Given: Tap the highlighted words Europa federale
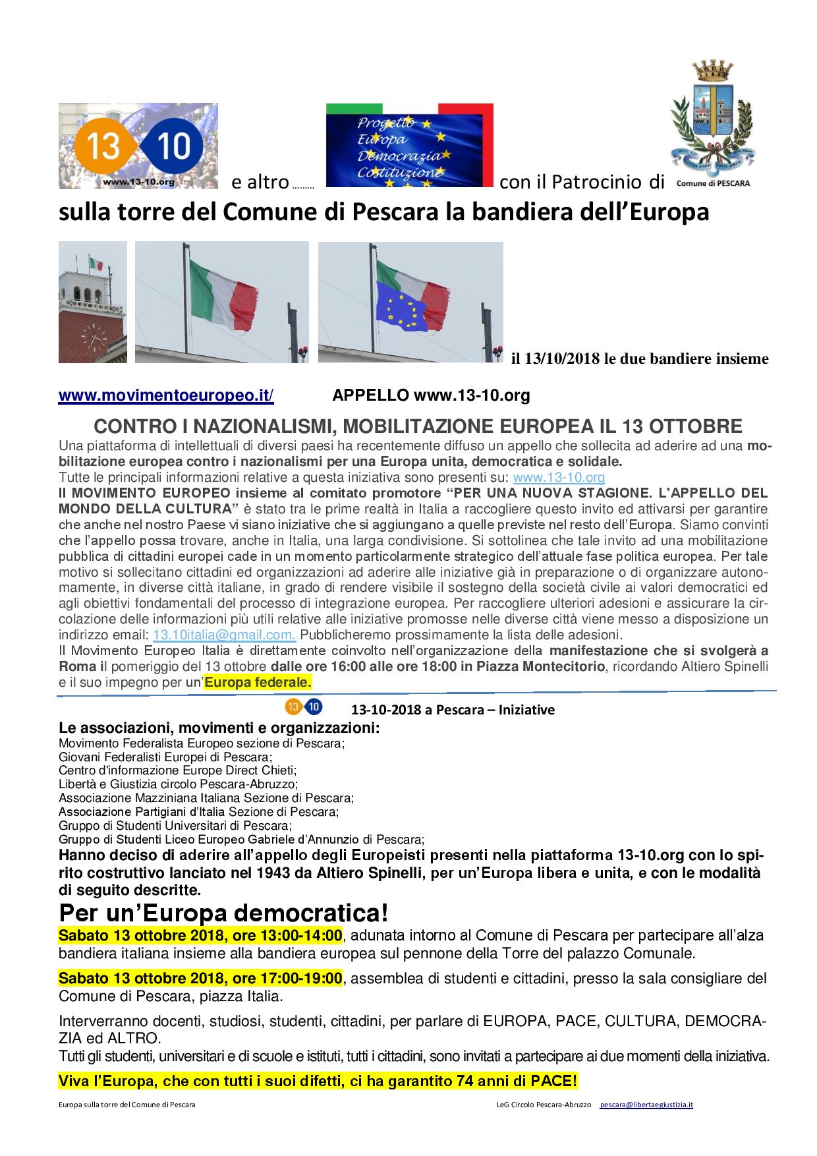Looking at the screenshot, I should (x=258, y=681).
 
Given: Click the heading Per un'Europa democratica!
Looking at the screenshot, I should (x=223, y=913).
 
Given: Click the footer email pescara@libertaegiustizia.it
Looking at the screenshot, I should (x=646, y=1104).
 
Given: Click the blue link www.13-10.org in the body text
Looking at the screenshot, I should (x=559, y=477).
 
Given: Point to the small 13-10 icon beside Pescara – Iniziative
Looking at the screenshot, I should (x=303, y=707).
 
